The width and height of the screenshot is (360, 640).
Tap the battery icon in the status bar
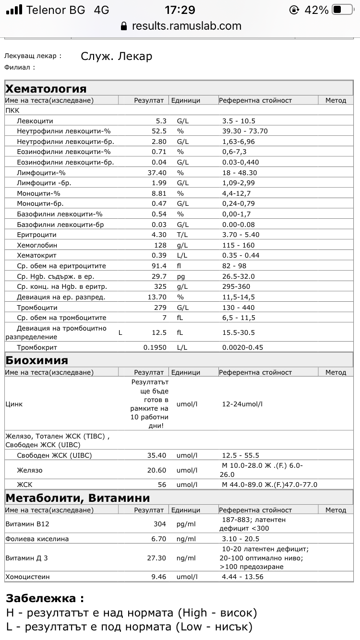(343, 10)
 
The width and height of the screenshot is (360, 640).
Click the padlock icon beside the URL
(124, 26)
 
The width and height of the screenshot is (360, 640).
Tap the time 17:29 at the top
(180, 10)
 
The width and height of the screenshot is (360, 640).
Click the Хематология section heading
(46, 89)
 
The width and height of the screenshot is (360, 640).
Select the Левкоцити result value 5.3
(161, 121)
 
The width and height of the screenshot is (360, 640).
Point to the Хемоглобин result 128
(159, 245)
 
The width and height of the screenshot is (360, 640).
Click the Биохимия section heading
(37, 360)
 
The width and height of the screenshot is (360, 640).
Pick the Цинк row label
(14, 404)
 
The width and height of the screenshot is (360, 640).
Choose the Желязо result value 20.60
(156, 471)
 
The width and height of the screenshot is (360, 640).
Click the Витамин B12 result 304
(159, 524)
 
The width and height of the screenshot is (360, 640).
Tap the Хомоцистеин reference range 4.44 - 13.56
(242, 577)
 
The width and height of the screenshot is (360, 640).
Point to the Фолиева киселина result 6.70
(158, 539)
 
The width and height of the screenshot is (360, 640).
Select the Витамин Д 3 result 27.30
(156, 558)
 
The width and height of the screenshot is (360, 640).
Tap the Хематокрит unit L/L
(182, 255)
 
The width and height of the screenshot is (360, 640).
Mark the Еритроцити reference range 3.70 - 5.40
(240, 235)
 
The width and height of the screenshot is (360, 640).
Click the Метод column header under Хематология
(336, 100)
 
